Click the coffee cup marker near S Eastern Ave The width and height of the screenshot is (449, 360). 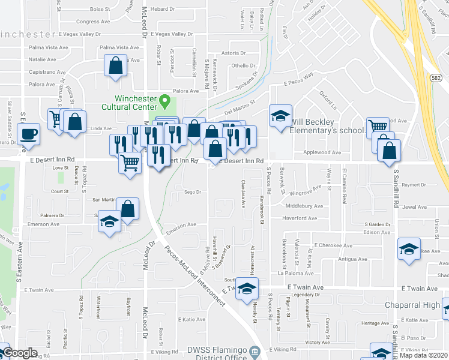coord(29,134)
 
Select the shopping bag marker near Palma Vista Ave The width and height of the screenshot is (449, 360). coord(115,65)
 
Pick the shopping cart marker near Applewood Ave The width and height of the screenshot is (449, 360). coord(377,127)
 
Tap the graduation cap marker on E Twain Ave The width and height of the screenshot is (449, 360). coord(246,289)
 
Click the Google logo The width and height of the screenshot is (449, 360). coord(20,353)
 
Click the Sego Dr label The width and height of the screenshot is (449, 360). coord(191,192)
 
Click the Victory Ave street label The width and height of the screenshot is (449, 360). coord(317,343)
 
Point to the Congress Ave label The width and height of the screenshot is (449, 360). coord(97,21)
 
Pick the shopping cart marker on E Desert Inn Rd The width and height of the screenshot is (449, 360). coord(130,162)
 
